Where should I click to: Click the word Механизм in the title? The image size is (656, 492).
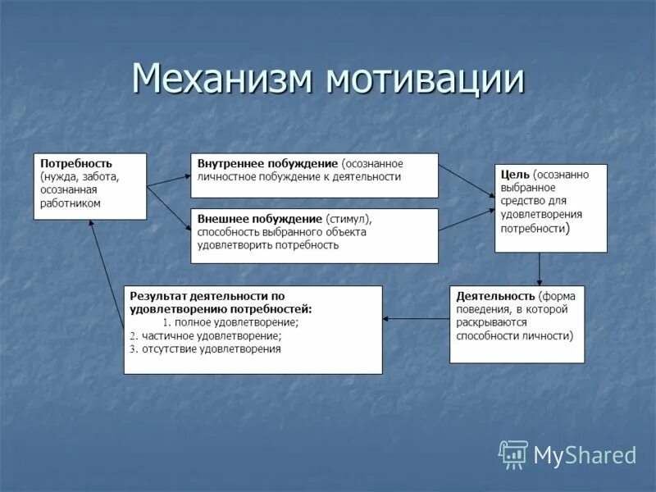point(224,80)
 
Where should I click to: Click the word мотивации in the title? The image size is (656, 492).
point(425,80)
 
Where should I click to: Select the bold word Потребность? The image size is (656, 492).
point(75,163)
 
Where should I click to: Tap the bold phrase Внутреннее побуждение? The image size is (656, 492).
point(267,163)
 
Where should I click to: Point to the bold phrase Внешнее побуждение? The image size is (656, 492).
point(259,219)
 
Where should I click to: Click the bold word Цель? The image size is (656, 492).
point(514,174)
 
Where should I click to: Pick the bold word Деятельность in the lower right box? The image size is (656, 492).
point(495,295)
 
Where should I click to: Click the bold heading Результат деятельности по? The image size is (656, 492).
point(207,295)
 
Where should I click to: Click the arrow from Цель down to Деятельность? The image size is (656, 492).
point(540,268)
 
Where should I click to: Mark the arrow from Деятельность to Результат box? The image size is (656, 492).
point(416,318)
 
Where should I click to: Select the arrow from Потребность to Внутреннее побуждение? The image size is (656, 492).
point(168,180)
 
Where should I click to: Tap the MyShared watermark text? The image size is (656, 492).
point(585,455)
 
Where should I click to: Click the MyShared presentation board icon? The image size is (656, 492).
point(513,454)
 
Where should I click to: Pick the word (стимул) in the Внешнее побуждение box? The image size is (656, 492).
point(348,219)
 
